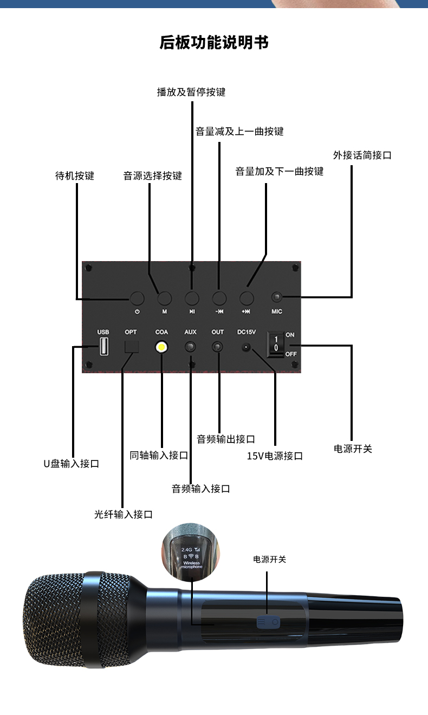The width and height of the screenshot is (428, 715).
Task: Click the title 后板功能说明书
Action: pyautogui.click(x=214, y=42)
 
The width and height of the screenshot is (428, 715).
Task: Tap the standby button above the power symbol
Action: pyautogui.click(x=137, y=298)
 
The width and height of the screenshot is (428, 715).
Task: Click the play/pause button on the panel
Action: pyautogui.click(x=192, y=298)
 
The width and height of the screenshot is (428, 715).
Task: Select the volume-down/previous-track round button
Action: pyautogui.click(x=219, y=298)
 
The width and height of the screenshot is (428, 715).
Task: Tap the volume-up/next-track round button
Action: pyautogui.click(x=247, y=298)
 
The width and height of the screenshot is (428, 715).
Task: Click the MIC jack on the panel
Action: pyautogui.click(x=277, y=297)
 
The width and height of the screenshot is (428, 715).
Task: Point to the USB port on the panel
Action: pyautogui.click(x=103, y=346)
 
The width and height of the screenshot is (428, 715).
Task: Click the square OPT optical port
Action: pyautogui.click(x=132, y=346)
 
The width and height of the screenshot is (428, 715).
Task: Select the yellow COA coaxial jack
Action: pyautogui.click(x=161, y=347)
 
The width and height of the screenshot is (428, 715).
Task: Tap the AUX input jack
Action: pyautogui.click(x=191, y=347)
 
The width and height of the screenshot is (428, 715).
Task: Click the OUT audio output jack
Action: pyautogui.click(x=218, y=347)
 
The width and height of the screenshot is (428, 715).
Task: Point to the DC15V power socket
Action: pyautogui.click(x=246, y=347)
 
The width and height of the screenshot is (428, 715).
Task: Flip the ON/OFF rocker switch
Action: pyautogui.click(x=275, y=344)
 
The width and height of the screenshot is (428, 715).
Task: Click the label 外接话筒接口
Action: pyautogui.click(x=362, y=155)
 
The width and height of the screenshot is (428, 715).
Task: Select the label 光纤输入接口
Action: pyautogui.click(x=123, y=514)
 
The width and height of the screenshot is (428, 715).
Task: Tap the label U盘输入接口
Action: pyautogui.click(x=71, y=464)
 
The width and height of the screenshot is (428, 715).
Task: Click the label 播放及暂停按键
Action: pyautogui.click(x=191, y=92)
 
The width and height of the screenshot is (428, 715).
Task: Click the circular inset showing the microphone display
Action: pyautogui.click(x=191, y=552)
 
